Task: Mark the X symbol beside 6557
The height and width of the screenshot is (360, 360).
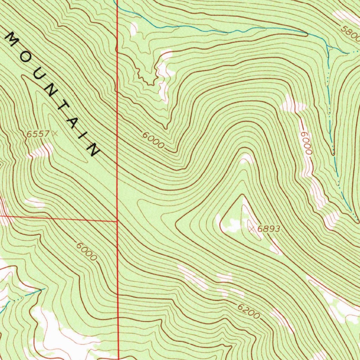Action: pos(54,133)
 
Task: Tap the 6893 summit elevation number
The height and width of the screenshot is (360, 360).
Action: pos(269,229)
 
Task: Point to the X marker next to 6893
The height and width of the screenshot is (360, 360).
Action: pos(251,229)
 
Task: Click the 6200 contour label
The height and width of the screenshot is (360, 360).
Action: pos(249,311)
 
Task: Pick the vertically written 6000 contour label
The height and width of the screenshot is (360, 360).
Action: pos(306,143)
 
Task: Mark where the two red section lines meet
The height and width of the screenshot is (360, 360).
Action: pos(117,221)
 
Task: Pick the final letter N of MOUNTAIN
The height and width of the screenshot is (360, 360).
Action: pos(94,149)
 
